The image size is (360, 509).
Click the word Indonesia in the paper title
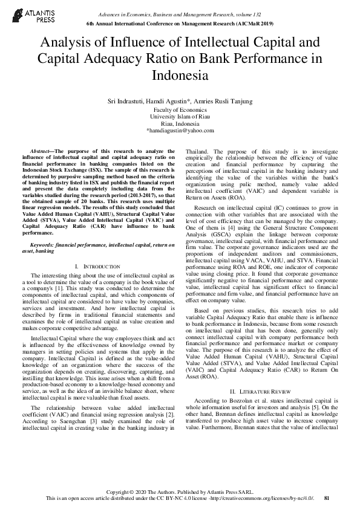[180, 76]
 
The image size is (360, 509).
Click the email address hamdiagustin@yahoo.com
[180, 131]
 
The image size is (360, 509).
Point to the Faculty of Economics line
[180, 110]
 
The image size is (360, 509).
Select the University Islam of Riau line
[180, 117]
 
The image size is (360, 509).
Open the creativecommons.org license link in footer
[267, 498]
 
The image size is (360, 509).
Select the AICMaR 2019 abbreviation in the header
[250, 23]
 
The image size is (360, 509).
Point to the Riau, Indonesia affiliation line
[180, 123]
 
